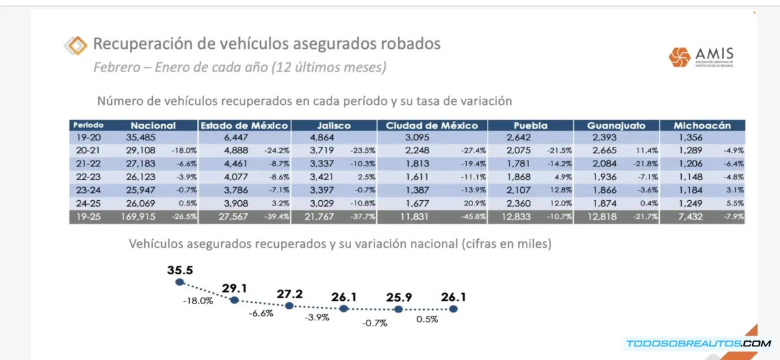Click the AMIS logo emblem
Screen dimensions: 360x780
pyautogui.click(x=680, y=57)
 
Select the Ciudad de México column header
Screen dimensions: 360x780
pyautogui.click(x=432, y=125)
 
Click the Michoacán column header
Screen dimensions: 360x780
pyautogui.click(x=703, y=125)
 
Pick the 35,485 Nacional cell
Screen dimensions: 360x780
pyautogui.click(x=142, y=137)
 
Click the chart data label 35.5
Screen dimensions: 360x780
pyautogui.click(x=180, y=270)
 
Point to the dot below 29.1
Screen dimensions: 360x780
pyautogui.click(x=235, y=300)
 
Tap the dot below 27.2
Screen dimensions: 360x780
pyautogui.click(x=290, y=305)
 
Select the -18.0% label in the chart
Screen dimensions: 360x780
pyautogui.click(x=198, y=302)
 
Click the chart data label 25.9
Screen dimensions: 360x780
pyautogui.click(x=398, y=297)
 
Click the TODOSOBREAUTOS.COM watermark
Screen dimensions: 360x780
pyautogui.click(x=698, y=343)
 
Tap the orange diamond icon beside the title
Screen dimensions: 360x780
pyautogui.click(x=76, y=45)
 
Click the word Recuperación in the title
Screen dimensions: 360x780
pyautogui.click(x=133, y=44)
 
